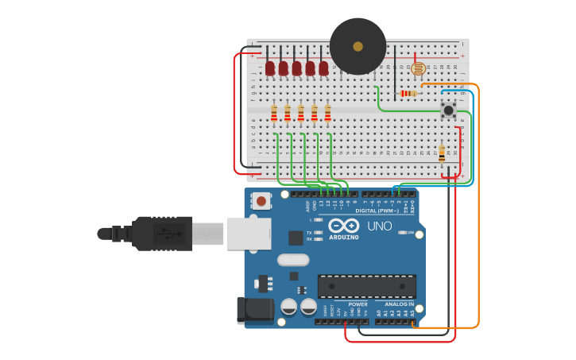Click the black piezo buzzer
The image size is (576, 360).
coord(358,46)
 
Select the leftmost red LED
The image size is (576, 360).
coord(270,68)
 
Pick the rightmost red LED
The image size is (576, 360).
coord(323,68)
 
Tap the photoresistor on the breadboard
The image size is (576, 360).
coord(418,69)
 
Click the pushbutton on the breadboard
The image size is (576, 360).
coord(448,110)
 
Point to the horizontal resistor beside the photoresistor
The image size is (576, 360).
coord(408,94)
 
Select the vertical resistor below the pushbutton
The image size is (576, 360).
coord(442,153)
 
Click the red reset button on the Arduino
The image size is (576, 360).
coord(261,201)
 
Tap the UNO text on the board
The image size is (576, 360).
coord(379,226)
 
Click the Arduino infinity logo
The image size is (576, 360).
coord(344,226)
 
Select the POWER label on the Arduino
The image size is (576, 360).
coord(358,304)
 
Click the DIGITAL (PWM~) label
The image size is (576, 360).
coord(378,211)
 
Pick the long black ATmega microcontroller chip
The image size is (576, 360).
coord(366,286)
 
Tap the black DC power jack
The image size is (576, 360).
coord(253,310)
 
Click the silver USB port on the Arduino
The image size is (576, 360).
coord(248,234)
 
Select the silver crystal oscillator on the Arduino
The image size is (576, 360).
coord(292,259)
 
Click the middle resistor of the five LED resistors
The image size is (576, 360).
coord(300,114)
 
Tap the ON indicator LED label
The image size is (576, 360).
coord(411,233)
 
